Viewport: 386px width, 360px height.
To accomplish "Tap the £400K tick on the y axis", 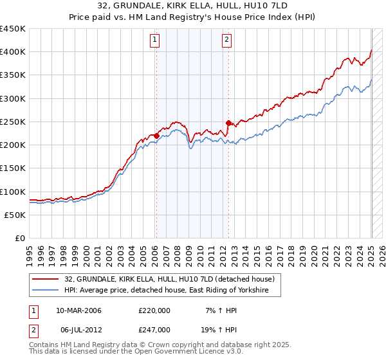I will (x=12, y=52).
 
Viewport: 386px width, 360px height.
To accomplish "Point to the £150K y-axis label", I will (x=12, y=168).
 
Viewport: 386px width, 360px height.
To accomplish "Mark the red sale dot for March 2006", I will (x=156, y=136).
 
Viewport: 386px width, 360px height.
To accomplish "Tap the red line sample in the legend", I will (x=46, y=279).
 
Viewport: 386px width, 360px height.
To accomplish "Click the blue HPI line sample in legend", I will (x=46, y=291).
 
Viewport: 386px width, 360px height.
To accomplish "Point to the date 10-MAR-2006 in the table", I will (x=78, y=311).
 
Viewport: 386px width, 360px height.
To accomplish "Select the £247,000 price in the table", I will (x=154, y=329).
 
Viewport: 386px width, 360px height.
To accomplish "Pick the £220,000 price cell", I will (x=154, y=311).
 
